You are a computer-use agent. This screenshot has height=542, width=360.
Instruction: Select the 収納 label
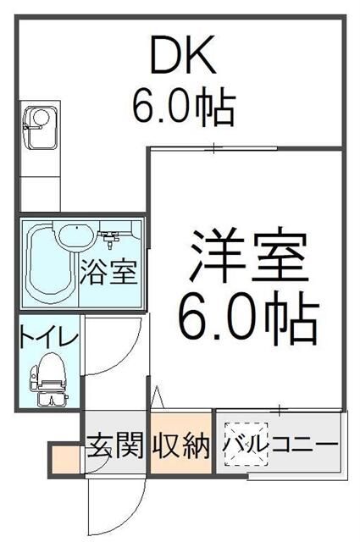pos(180,445)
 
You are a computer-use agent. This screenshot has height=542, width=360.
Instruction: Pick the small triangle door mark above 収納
pos(156,396)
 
